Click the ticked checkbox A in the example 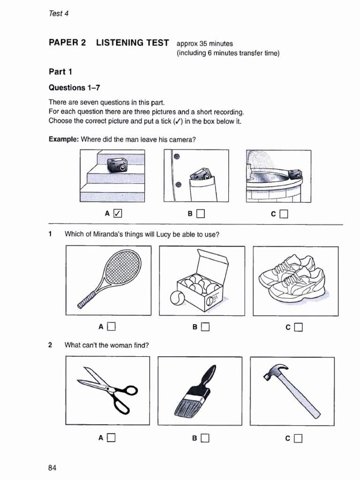coord(118,214)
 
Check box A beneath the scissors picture coord(111,438)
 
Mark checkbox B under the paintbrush coord(204,439)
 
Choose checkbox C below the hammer coord(298,439)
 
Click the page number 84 coord(52,468)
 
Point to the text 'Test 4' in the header coord(59,13)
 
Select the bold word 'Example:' coord(64,139)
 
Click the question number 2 coord(50,345)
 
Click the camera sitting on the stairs coord(117,165)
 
